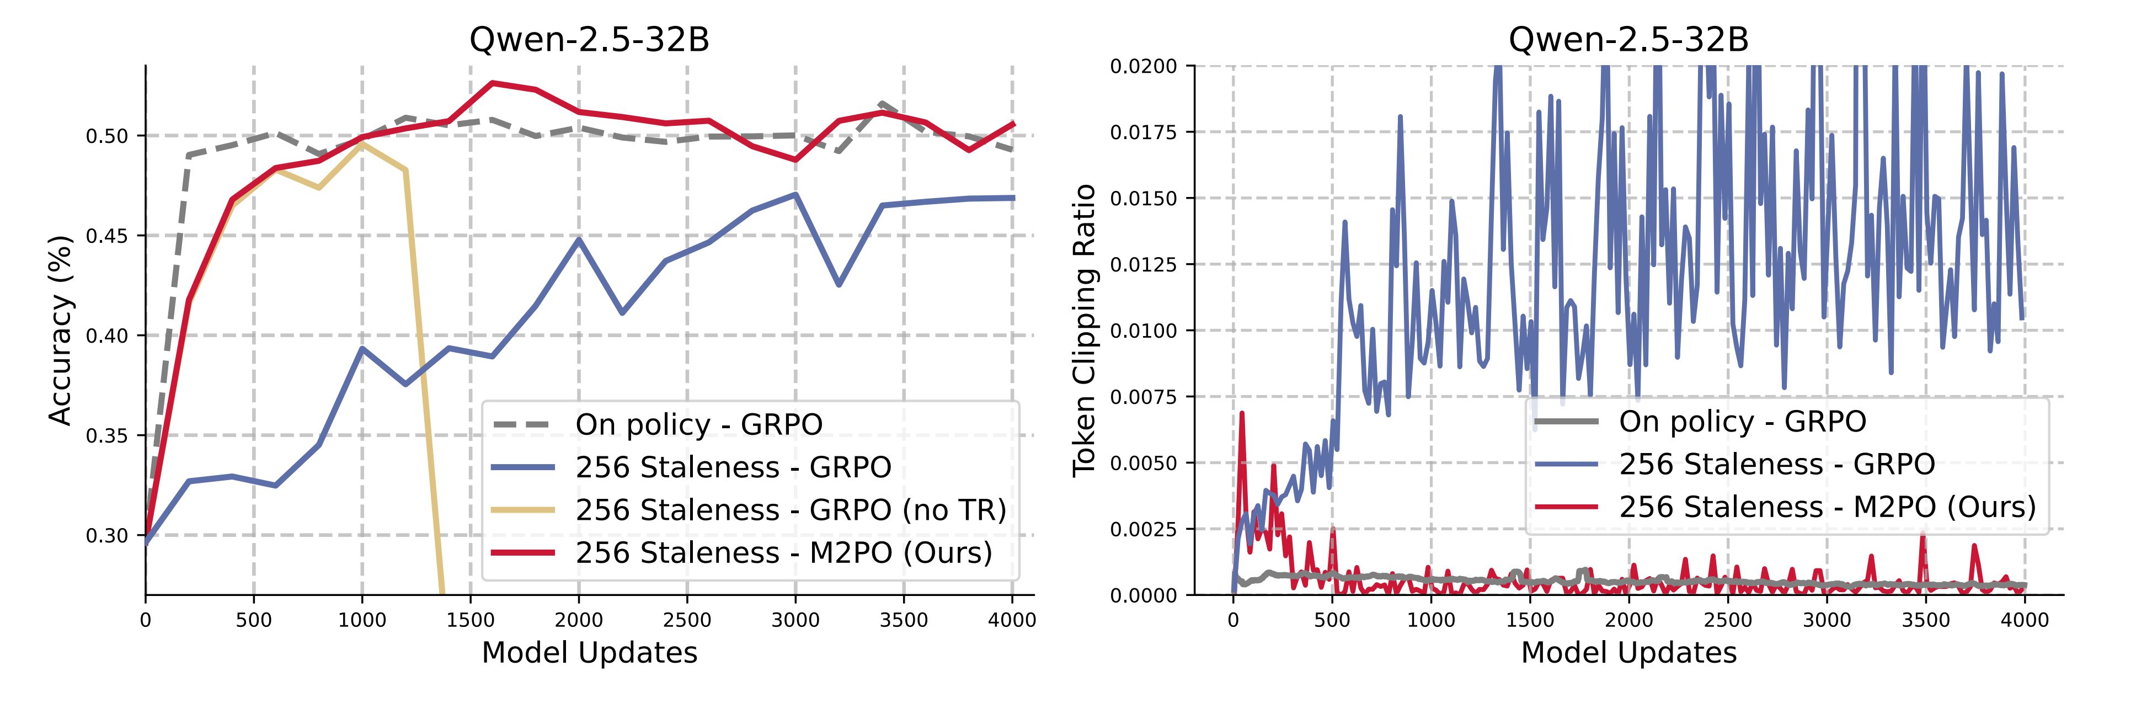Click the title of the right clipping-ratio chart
coord(1628,40)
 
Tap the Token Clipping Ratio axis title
coord(1084,330)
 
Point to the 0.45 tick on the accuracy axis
coord(107,236)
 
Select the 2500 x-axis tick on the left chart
coord(687,620)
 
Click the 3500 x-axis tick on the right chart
coord(1925,620)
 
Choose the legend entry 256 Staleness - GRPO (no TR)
coord(790,510)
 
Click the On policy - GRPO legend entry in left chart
coord(698,424)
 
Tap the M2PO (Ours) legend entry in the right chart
coord(1827,507)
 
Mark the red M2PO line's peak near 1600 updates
coord(493,83)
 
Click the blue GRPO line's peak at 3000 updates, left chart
coord(795,195)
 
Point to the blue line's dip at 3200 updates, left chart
coord(839,284)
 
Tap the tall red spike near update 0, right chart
coord(1241,413)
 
